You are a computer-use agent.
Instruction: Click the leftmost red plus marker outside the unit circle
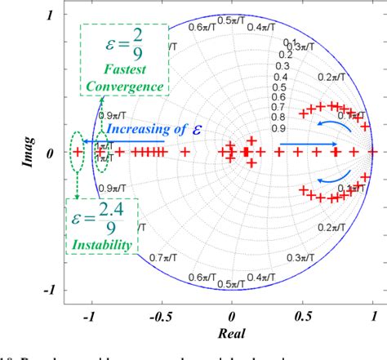click(x=78, y=152)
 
